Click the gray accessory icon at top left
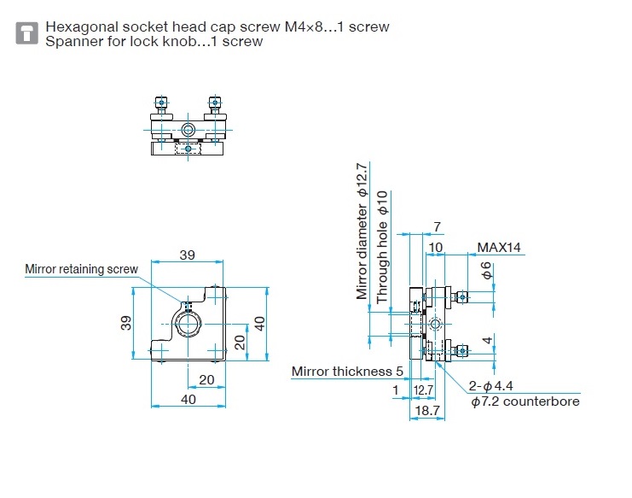26,33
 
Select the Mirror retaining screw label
81,269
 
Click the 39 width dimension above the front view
187,255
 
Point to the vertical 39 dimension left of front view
126,323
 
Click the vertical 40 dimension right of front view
260,324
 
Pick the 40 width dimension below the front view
188,400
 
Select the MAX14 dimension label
499,248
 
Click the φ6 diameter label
487,271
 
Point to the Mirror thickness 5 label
347,372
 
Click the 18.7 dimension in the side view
426,411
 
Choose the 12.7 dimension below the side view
423,390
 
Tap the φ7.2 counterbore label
525,401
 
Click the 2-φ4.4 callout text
490,386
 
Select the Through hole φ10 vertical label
382,247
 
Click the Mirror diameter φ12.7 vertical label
362,231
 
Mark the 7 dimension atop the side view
437,227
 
